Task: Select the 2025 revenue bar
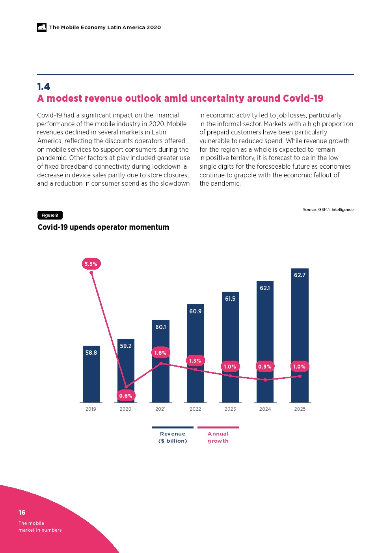pos(300,335)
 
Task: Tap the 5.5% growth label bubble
pos(91,264)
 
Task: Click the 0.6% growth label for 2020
pos(126,396)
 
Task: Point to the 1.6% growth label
pos(160,353)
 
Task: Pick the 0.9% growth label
pos(265,367)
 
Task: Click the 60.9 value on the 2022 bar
pos(195,311)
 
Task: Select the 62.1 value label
pos(265,288)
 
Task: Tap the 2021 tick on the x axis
pos(160,409)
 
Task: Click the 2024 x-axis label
pos(265,409)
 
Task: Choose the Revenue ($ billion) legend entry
pos(173,437)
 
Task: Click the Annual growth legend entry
pos(218,437)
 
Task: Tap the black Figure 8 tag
pos(50,215)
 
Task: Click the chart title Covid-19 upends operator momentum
pos(103,227)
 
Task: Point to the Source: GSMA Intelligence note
pos(328,210)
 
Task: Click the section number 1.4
pos(43,87)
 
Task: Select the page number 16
pos(22,512)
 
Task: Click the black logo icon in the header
pos(42,27)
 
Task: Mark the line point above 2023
pos(230,376)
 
